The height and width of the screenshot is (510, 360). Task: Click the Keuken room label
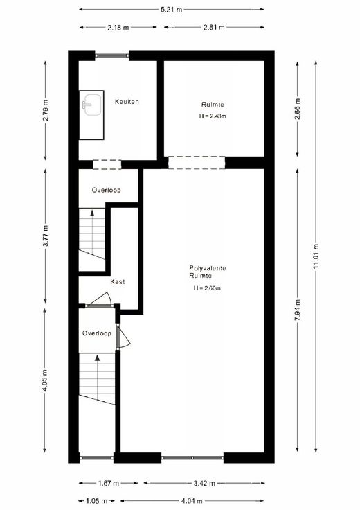coord(127,101)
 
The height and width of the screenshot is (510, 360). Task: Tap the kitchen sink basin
coord(92,105)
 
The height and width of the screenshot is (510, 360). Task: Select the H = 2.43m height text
coord(213,116)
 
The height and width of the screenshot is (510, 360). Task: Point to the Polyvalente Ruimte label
coord(208,272)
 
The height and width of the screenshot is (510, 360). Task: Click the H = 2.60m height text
coord(207,288)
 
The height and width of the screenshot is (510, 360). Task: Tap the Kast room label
coord(117,281)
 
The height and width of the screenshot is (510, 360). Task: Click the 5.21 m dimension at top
coord(172,10)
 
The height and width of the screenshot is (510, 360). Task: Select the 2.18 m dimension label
coord(118,27)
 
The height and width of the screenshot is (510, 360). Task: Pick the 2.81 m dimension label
coord(214,27)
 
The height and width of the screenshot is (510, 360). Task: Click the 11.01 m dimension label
coord(316,256)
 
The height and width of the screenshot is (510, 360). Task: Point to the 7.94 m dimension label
coord(297,310)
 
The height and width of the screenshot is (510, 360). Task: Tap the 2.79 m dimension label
coord(46,110)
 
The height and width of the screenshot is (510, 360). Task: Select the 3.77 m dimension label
coord(46,236)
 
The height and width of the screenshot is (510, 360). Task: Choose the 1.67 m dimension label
coord(109,484)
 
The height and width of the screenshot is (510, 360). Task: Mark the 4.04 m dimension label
coord(192,501)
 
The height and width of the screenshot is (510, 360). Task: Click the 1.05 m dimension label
coord(97,501)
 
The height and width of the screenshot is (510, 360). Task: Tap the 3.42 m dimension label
coord(204,484)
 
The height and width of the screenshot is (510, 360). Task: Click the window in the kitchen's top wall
coord(112,55)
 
